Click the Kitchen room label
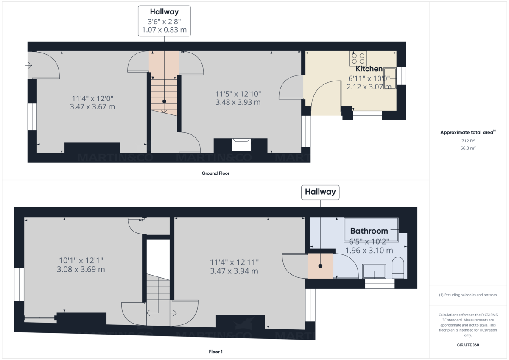click(x=369, y=69)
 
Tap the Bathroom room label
click(x=369, y=231)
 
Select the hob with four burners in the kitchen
click(x=358, y=58)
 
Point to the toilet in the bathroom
click(x=398, y=268)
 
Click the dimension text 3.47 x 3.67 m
click(x=92, y=107)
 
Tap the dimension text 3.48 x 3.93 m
click(x=238, y=102)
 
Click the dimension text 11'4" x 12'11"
click(x=234, y=262)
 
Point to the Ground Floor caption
click(x=215, y=173)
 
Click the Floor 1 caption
click(x=215, y=352)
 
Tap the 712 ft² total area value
click(x=467, y=140)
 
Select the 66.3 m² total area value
click(x=467, y=148)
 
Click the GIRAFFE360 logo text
click(x=467, y=345)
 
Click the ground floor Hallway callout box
click(x=164, y=21)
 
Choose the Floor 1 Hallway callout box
click(x=320, y=192)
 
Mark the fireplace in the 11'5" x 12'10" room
click(x=241, y=145)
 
